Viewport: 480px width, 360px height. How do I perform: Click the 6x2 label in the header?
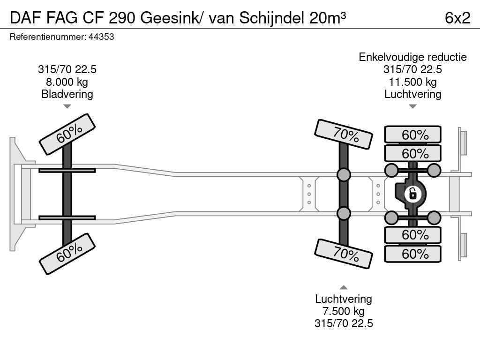point(457,18)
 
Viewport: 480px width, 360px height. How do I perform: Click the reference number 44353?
point(101,37)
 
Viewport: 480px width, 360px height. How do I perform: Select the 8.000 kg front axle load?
point(67,82)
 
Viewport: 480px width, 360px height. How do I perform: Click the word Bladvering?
point(67,94)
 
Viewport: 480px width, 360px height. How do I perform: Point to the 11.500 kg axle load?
point(412,82)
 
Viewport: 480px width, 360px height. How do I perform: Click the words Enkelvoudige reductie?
point(412,57)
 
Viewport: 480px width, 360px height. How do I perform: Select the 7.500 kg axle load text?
point(344,311)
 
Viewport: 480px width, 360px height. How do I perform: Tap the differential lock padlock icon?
point(412,194)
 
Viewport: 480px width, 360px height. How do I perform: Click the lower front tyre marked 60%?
point(67,254)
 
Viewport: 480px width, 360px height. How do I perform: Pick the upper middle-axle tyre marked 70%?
point(344,135)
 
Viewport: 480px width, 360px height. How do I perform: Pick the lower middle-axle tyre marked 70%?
point(344,254)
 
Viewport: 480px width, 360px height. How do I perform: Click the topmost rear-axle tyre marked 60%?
point(412,134)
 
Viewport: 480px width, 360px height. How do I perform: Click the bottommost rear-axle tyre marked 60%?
point(412,254)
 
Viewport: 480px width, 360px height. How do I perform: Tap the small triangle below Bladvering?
point(67,106)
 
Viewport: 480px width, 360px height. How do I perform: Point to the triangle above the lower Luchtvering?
point(344,287)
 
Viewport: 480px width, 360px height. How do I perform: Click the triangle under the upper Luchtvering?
point(412,106)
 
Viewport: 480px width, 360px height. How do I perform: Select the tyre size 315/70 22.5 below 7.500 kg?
point(344,323)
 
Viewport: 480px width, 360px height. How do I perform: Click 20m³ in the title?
point(328,18)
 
